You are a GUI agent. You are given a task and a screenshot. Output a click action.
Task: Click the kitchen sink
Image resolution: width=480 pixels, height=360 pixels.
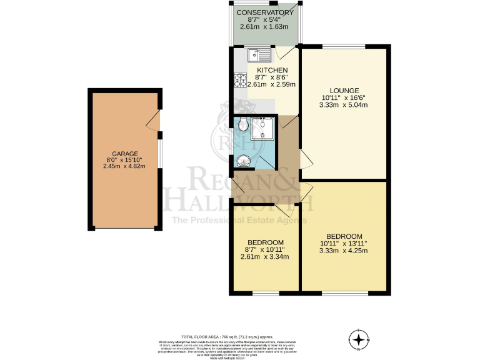(257, 54)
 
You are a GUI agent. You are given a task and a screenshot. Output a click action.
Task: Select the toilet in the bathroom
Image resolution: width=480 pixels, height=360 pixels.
(242, 125)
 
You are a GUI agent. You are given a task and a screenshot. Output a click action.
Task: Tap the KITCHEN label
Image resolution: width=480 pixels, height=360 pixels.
(272, 70)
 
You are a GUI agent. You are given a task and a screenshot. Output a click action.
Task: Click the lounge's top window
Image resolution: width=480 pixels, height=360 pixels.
(344, 46)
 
